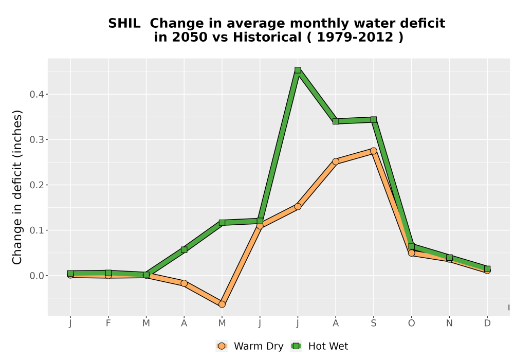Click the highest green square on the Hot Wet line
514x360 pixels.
(298, 70)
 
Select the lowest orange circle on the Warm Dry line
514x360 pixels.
(222, 304)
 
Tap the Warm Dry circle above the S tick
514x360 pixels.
(373, 151)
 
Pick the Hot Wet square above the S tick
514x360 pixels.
(373, 120)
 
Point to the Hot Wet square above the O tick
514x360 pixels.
(411, 246)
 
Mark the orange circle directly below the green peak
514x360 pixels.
(298, 207)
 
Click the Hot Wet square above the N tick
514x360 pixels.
(449, 258)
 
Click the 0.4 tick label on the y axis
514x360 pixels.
(36, 95)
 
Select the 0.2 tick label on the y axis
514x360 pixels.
(36, 185)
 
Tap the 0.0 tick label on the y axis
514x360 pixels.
(36, 276)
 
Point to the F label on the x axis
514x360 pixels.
(108, 323)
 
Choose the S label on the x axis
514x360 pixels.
(373, 323)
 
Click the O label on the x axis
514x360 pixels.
(411, 323)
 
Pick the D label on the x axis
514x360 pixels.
(487, 323)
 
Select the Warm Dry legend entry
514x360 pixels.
(249, 346)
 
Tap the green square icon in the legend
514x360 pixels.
(296, 346)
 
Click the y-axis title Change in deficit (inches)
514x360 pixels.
(17, 187)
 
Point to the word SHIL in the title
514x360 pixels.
(124, 24)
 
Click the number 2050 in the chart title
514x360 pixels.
(190, 38)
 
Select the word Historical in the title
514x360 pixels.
(267, 38)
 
